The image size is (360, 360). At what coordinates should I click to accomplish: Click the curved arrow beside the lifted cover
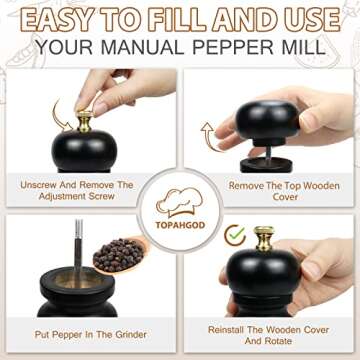pos(210,133)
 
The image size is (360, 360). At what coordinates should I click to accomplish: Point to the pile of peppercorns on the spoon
pos(122,253)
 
